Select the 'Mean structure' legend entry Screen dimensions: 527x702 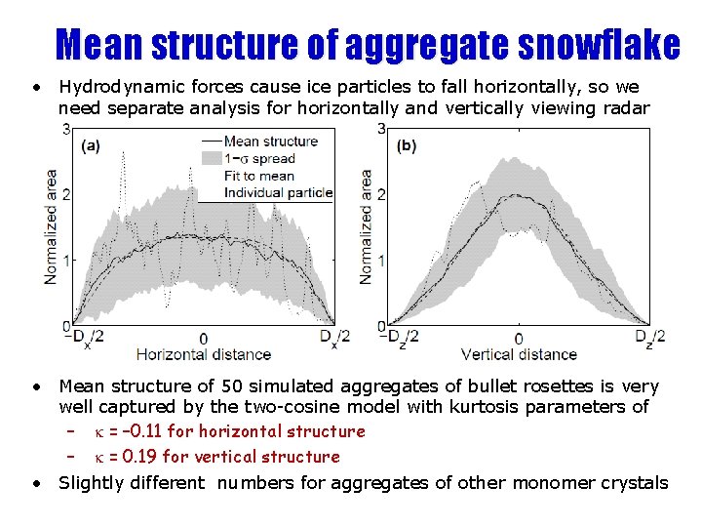point(270,141)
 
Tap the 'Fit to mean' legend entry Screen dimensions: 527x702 point(258,176)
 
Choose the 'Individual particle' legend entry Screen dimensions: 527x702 point(278,193)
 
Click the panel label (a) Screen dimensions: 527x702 point(90,146)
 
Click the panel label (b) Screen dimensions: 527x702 point(407,146)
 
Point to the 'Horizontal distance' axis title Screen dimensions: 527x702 point(203,354)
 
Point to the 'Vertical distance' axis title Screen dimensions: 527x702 point(519,354)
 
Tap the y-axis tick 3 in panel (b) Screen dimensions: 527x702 point(380,129)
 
